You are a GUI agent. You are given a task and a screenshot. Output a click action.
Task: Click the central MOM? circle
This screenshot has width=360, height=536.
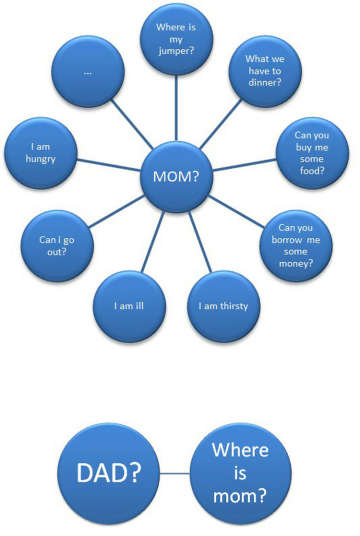[175, 176]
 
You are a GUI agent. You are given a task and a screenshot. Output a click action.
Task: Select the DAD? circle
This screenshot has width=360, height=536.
[108, 473]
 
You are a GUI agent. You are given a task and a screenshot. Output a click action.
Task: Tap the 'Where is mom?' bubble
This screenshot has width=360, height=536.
[240, 473]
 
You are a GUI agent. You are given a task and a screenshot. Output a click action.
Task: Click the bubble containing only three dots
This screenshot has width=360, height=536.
[88, 72]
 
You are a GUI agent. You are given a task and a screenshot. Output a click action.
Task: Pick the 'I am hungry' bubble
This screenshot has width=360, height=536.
[40, 153]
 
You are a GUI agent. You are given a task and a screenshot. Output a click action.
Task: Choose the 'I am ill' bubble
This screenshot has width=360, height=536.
[129, 306]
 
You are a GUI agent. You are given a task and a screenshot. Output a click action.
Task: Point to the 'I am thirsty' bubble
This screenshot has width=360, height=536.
[223, 306]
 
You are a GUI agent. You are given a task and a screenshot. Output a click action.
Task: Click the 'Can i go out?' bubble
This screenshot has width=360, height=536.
[57, 246]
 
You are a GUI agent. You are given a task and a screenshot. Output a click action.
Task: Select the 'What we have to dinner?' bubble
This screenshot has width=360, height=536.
[265, 71]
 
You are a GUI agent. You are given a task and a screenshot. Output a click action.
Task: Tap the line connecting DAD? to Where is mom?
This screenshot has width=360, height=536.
[174, 473]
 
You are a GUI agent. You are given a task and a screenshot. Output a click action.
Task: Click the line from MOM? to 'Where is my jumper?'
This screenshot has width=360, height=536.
[176, 108]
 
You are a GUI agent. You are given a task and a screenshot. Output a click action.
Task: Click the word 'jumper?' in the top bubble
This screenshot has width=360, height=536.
[176, 51]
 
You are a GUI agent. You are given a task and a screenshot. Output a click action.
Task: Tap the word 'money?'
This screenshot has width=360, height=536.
[295, 263]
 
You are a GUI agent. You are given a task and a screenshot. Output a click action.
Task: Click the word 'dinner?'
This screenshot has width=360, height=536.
[264, 82]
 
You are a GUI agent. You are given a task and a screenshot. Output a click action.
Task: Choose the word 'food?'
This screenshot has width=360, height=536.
[312, 170]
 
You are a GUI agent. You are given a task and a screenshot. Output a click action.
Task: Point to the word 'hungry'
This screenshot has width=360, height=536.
[40, 159]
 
